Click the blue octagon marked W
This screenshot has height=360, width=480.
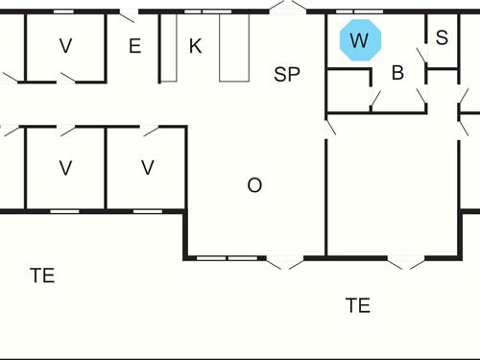pos(360,40)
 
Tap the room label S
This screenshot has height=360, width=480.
pos(442,38)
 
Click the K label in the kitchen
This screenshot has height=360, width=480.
pos(195,46)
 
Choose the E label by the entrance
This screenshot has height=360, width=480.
pos(134,46)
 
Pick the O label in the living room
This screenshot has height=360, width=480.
pos(254,186)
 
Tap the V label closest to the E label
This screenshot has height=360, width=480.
pos(65,46)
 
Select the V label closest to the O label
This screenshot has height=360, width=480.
pos(147,168)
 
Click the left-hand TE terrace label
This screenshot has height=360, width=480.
pos(42,276)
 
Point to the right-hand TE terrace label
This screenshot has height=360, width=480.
pos(358,305)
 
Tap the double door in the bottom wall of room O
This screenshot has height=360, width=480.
pos(284,260)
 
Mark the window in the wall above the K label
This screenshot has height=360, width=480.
pos(202,12)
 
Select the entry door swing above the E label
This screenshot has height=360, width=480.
pos(126,15)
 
